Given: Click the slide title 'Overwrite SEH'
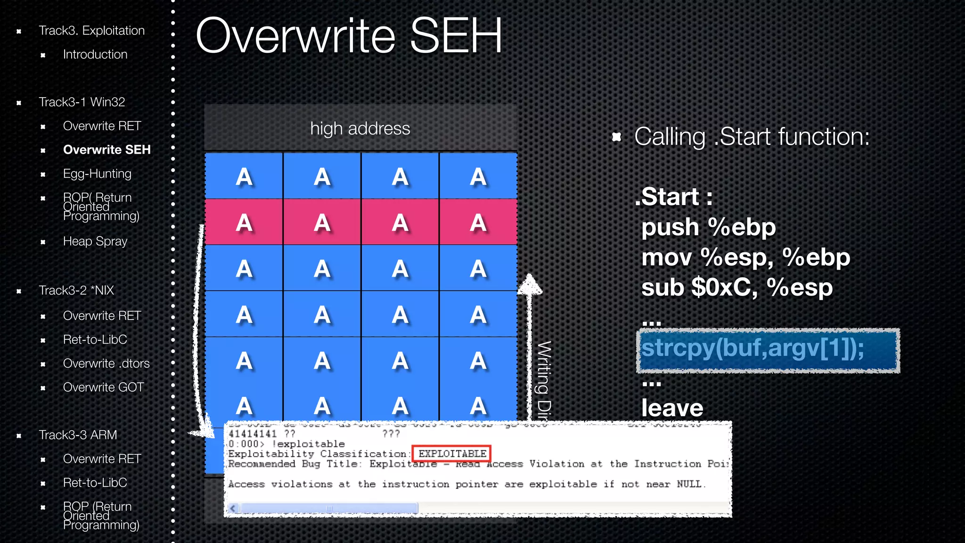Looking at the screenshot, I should pyautogui.click(x=349, y=36).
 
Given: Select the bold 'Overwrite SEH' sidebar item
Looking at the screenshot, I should pyautogui.click(x=106, y=150).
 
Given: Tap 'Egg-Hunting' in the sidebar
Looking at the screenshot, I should pyautogui.click(x=97, y=174).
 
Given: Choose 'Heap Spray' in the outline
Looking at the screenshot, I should pyautogui.click(x=95, y=241).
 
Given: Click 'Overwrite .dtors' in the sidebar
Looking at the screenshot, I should pyautogui.click(x=106, y=363).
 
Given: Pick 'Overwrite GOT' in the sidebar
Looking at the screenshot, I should pyautogui.click(x=103, y=387).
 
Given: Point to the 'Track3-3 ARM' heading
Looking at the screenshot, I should pyautogui.click(x=78, y=435).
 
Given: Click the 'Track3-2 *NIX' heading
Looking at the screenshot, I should pyautogui.click(x=76, y=290).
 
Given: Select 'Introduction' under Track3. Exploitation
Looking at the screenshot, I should pyautogui.click(x=95, y=55).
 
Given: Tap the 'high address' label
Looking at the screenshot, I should pyautogui.click(x=360, y=129).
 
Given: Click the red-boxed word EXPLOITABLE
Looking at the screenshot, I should pyautogui.click(x=452, y=453).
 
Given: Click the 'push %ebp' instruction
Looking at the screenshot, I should pyautogui.click(x=708, y=228).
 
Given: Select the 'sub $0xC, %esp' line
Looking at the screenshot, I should pyautogui.click(x=737, y=288).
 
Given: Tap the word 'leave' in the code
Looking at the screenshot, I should pyautogui.click(x=672, y=408).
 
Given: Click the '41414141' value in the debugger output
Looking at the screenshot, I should pyautogui.click(x=252, y=434).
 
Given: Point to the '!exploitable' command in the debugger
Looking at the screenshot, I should pyautogui.click(x=308, y=444).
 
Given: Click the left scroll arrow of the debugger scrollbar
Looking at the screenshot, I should pyautogui.click(x=232, y=508).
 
